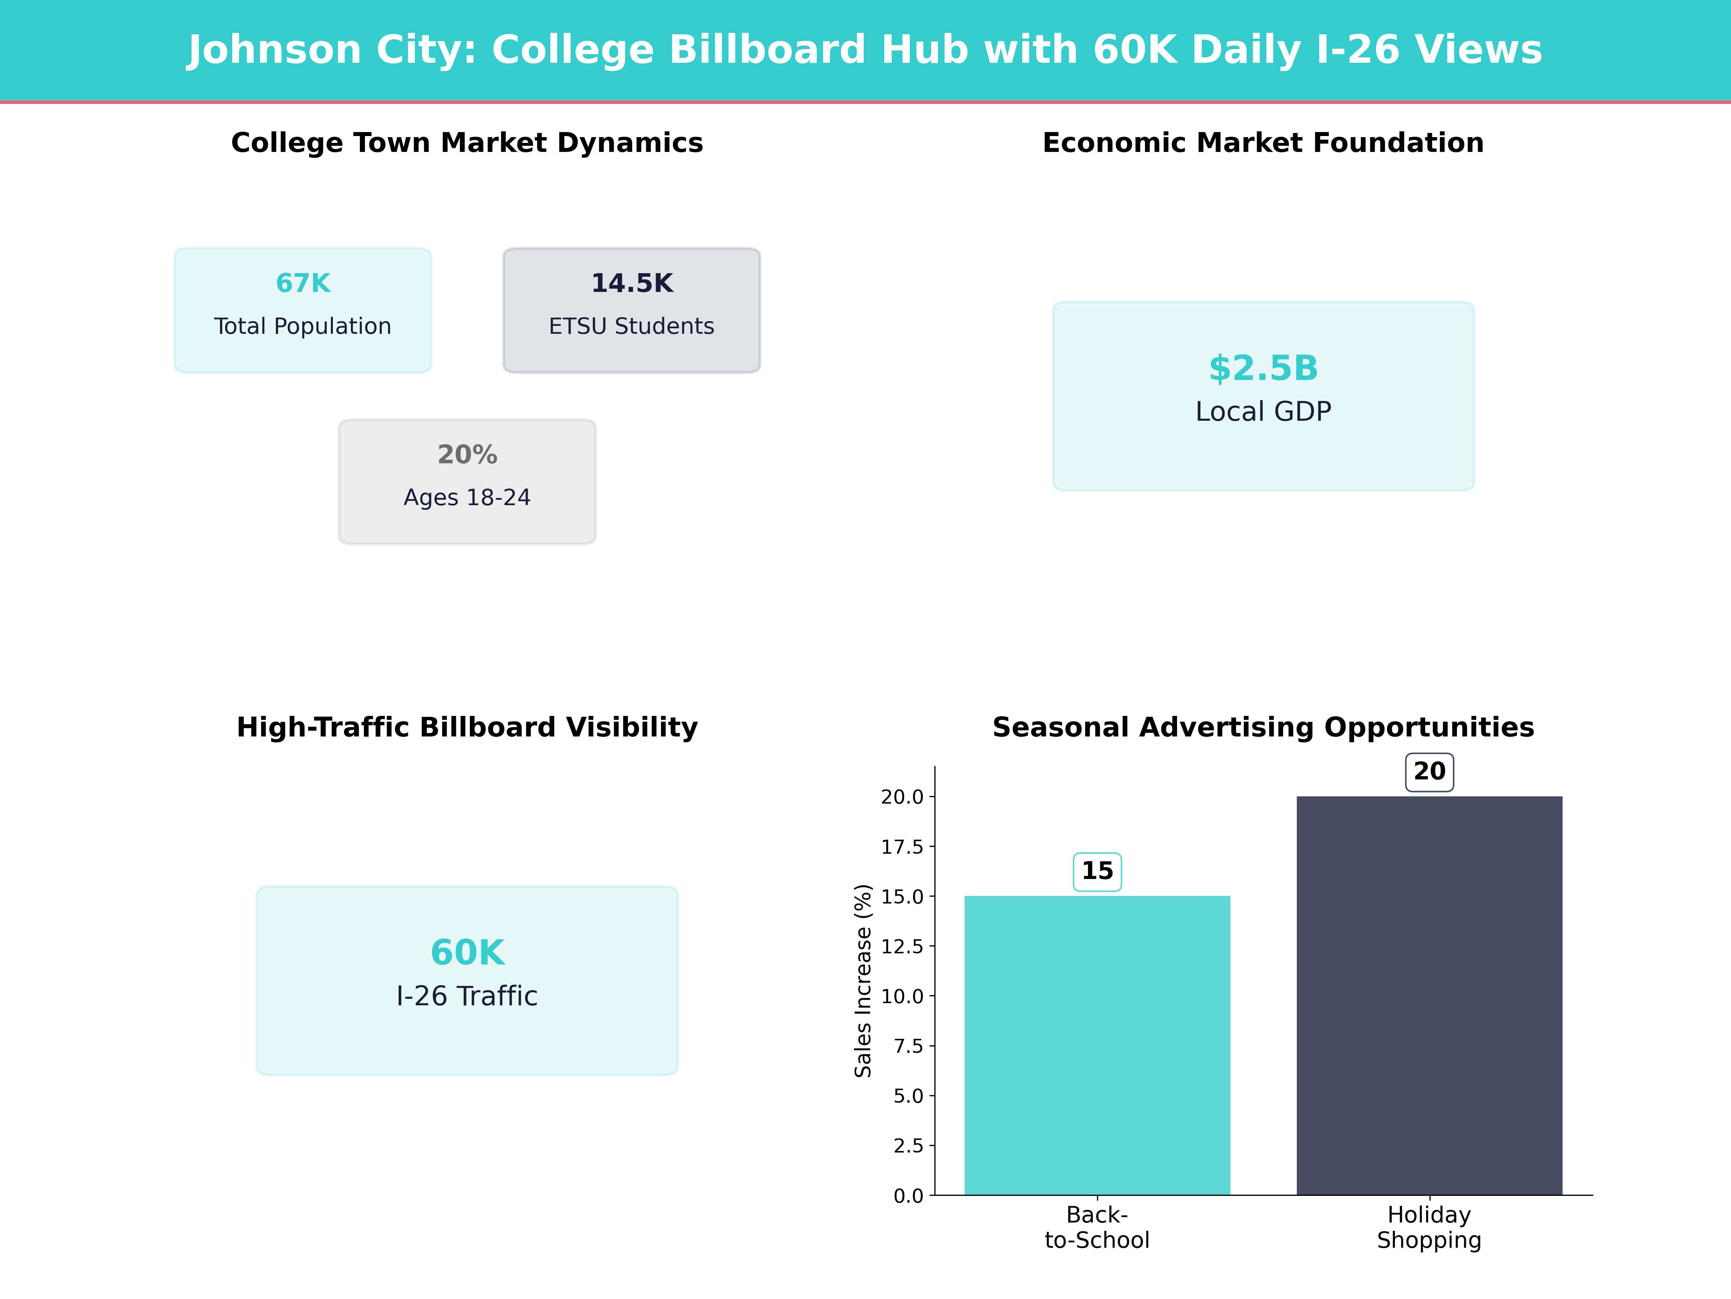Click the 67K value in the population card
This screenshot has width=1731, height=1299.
click(x=303, y=284)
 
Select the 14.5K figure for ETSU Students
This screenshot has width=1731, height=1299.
click(x=631, y=284)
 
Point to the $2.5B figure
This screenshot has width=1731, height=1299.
click(x=1263, y=368)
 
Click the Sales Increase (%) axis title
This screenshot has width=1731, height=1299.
click(x=863, y=980)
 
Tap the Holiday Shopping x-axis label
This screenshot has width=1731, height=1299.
click(x=1429, y=1228)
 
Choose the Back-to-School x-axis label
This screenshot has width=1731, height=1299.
click(x=1097, y=1228)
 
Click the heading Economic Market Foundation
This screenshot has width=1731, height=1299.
click(x=1263, y=143)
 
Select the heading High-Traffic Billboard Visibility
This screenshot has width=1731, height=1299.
click(x=467, y=727)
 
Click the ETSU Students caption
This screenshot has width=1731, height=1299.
click(x=631, y=327)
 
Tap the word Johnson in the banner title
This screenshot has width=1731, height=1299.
click(x=274, y=50)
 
